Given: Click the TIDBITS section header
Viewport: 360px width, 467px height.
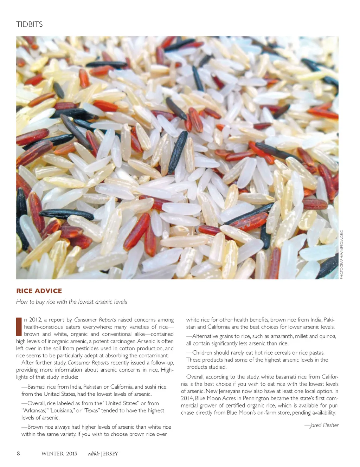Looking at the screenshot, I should [x=30, y=24].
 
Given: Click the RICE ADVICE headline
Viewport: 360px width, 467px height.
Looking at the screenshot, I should [x=39, y=291].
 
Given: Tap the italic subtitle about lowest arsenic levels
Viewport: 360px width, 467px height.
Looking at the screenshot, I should [x=71, y=302].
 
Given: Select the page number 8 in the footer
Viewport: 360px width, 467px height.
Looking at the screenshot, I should [x=18, y=453].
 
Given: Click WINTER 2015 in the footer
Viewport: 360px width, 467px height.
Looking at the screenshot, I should [x=59, y=454].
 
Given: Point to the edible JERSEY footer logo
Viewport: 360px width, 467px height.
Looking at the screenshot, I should [x=103, y=454].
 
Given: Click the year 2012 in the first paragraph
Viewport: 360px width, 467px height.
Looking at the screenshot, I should [x=35, y=320].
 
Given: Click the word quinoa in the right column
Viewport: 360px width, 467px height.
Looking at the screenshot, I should [x=327, y=336].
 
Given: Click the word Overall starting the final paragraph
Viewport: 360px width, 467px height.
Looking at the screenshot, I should [x=195, y=377].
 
